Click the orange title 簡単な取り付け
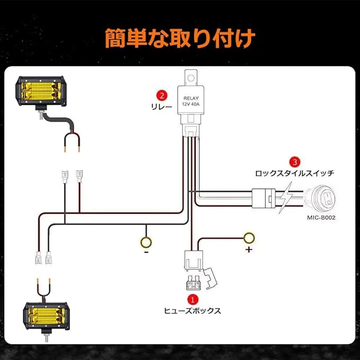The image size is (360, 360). point(180,38)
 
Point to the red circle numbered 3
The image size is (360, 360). point(295,161)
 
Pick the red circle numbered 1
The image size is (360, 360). point(193,300)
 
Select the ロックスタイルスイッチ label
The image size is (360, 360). point(295,173)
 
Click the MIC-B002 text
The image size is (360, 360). point(321,218)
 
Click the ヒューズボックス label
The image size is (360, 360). point(193,311)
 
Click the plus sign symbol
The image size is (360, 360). point(248,249)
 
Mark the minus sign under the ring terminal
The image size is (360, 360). point(146,253)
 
